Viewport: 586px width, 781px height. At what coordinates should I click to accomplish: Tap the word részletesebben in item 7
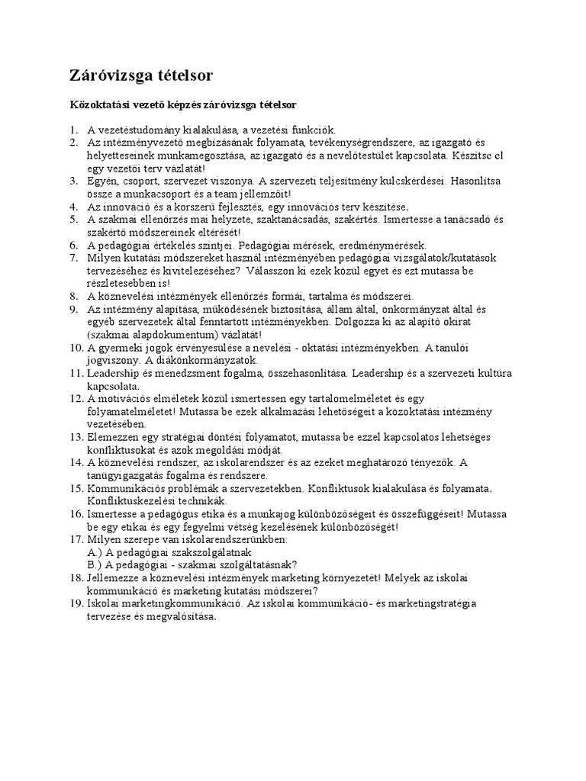tap(123, 283)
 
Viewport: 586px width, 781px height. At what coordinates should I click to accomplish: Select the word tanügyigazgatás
tap(127, 474)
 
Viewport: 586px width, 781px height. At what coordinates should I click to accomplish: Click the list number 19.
tap(74, 603)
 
